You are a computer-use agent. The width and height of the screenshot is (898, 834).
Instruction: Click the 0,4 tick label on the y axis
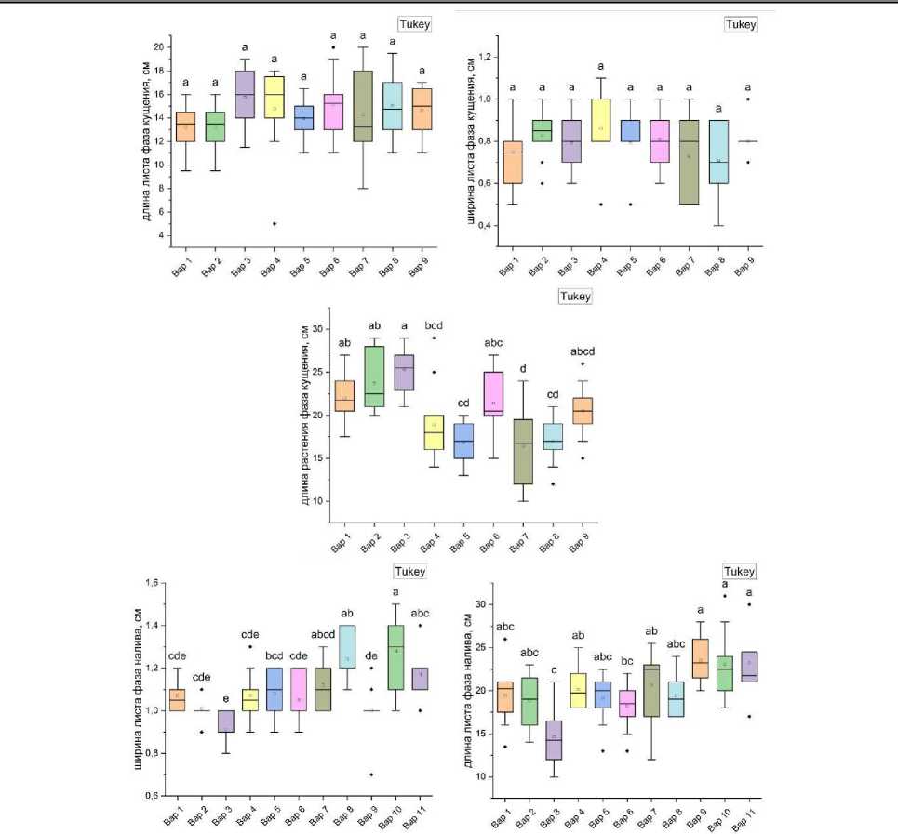click(x=488, y=226)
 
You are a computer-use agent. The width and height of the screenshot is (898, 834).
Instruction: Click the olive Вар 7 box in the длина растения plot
click(x=524, y=451)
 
